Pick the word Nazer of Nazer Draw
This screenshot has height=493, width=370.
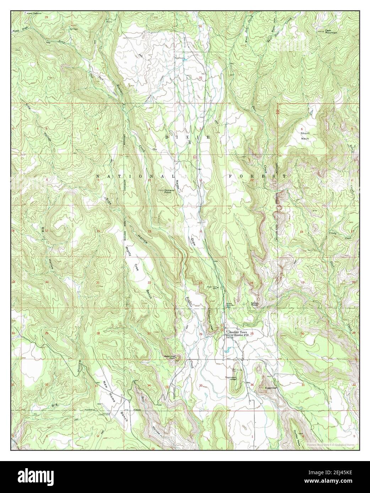[x=178, y=185]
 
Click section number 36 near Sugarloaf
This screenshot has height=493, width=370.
[x=252, y=385]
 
